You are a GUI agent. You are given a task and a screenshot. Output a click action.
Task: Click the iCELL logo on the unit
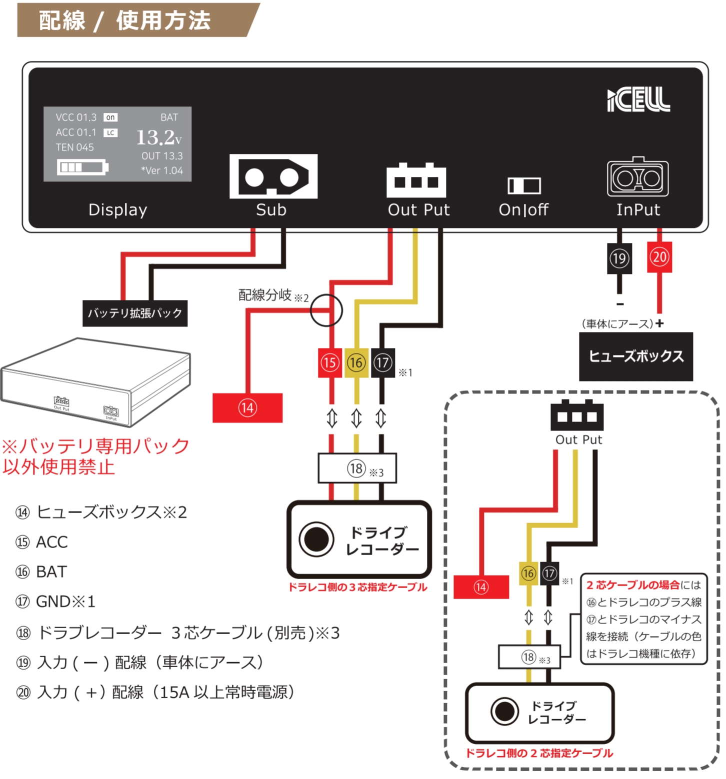point(638,99)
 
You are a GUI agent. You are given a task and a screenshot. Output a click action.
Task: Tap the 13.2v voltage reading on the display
point(158,137)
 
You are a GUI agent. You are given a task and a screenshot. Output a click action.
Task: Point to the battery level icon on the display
point(82,167)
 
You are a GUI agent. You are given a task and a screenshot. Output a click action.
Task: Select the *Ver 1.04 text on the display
point(161,170)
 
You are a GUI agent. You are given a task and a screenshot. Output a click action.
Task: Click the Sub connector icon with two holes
point(273,176)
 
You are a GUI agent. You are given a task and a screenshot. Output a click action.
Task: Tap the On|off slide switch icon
point(523,185)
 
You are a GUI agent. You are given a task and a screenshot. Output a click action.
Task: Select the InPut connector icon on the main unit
point(637,178)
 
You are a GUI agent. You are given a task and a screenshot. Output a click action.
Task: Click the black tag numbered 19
point(619,258)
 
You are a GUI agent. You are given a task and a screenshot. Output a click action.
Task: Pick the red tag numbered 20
point(659,257)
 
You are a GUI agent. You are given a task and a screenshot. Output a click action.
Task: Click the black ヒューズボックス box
point(635,356)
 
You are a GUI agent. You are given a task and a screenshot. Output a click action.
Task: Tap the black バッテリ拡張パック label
point(134,313)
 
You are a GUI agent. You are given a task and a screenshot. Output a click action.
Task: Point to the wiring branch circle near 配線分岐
point(326,310)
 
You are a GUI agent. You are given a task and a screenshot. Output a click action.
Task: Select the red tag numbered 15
point(330,362)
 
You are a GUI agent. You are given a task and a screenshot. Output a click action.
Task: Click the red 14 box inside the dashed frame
point(480,587)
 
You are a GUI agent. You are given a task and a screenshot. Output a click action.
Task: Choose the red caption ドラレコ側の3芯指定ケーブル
point(357,587)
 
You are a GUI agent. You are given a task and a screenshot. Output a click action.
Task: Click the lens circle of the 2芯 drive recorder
point(504,711)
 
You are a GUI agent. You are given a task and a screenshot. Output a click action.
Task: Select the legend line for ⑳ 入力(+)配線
point(155,692)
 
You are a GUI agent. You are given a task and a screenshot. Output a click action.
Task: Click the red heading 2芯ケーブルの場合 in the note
point(632,584)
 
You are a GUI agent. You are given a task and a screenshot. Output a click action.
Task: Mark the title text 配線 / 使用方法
point(125,20)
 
